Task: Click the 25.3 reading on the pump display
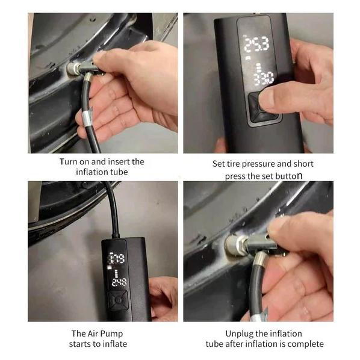pos(256,43)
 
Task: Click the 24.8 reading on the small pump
pos(119,282)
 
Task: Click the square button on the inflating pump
pos(118,300)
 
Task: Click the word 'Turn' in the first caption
pos(69,161)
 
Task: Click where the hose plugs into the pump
pos(116,237)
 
